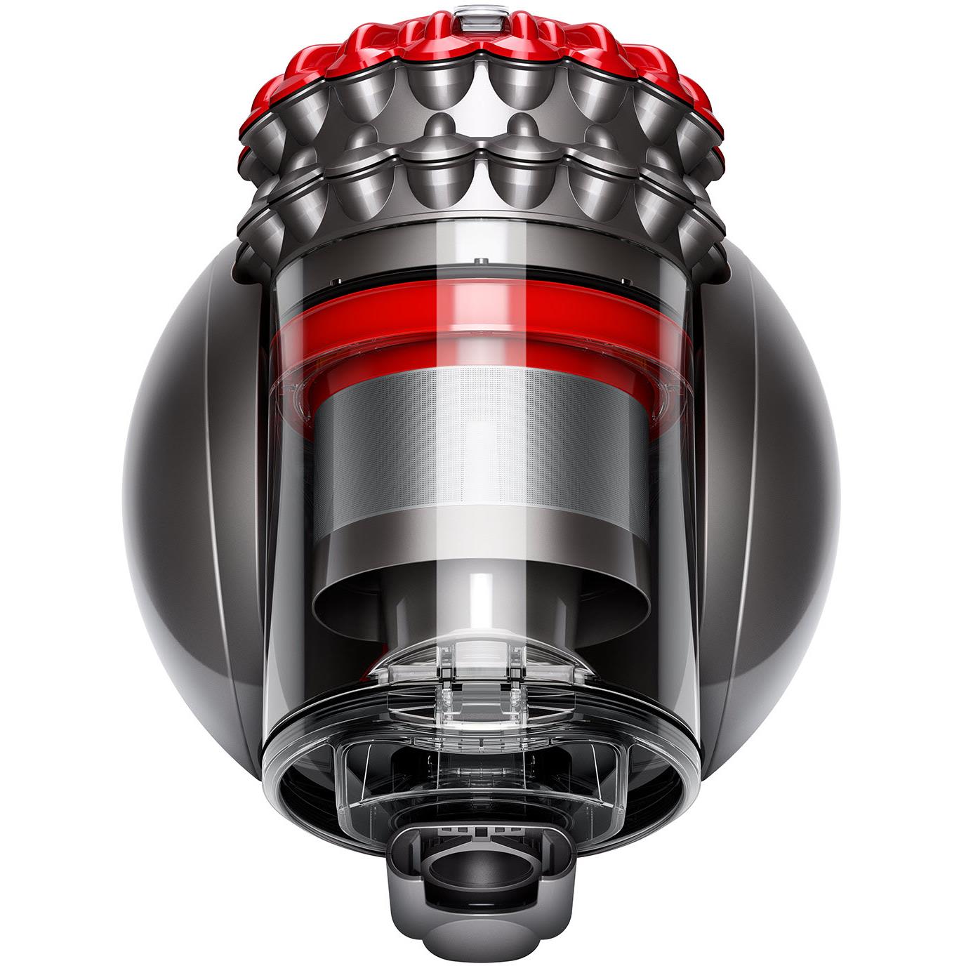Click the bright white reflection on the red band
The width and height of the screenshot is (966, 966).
click(x=456, y=312)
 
